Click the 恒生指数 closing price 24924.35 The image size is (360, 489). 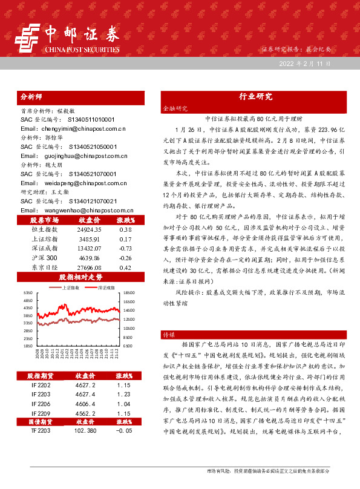coord(89,230)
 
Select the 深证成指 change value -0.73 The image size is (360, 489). coord(125,248)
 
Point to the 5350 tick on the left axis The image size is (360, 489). coord(28,292)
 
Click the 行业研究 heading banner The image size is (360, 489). coord(252,96)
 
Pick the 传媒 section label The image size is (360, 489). coord(169,334)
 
